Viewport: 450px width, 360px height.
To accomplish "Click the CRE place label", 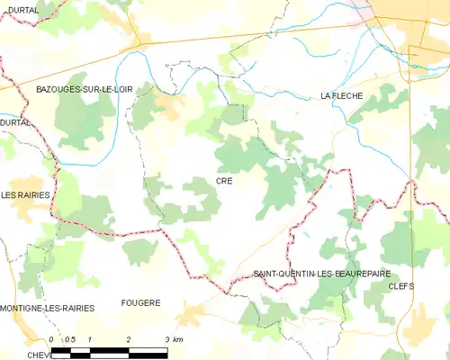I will pyautogui.click(x=224, y=181).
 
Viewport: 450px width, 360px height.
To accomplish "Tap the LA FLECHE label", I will pyautogui.click(x=341, y=95).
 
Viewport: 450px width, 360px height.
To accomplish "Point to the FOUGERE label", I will pyautogui.click(x=140, y=303).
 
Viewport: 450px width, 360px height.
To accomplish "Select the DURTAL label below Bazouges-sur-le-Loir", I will pyautogui.click(x=15, y=121).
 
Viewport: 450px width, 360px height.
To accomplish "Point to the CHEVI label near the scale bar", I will pyautogui.click(x=36, y=355).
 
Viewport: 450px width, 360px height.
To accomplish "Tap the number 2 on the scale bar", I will pyautogui.click(x=130, y=339).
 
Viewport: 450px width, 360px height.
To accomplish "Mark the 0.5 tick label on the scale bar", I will pyautogui.click(x=70, y=339).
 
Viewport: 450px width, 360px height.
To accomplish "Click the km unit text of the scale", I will pyautogui.click(x=179, y=339).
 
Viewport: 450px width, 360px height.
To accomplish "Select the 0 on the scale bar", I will pyautogui.click(x=52, y=339).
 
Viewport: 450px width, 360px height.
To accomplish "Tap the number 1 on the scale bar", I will pyautogui.click(x=91, y=339).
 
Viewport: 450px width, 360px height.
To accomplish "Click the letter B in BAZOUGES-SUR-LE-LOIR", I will pyautogui.click(x=38, y=91).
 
